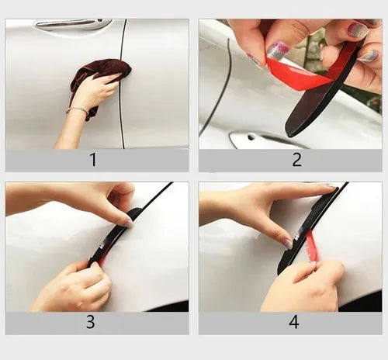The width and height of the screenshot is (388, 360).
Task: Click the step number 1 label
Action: tap(94, 160)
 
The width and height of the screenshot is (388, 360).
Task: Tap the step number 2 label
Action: tap(297, 160)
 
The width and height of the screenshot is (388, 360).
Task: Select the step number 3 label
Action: tap(90, 322)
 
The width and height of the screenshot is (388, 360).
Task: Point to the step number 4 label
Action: tap(294, 322)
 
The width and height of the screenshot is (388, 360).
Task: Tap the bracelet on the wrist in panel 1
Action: tap(77, 110)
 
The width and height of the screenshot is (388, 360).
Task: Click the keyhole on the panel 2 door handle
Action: tap(250, 137)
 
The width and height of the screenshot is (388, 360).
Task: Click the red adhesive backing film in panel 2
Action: tap(305, 72)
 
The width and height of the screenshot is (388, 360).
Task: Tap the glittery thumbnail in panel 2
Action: tap(277, 50)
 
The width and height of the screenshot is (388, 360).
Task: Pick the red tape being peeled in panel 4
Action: tap(313, 246)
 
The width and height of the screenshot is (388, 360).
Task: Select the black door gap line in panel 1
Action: tap(122, 84)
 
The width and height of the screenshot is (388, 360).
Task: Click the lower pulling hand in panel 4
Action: tap(305, 285)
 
